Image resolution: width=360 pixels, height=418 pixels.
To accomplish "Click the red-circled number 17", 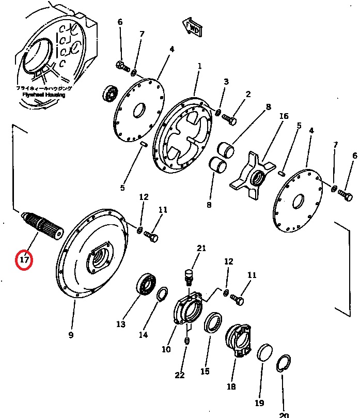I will click(24, 259).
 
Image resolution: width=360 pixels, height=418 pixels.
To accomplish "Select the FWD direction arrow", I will click(192, 28).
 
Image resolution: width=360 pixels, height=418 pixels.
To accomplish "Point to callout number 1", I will click(199, 66).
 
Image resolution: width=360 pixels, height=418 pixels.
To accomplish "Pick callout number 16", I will click(284, 116).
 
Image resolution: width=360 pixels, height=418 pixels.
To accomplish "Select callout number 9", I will click(71, 335).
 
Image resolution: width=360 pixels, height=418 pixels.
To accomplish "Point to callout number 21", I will click(201, 249).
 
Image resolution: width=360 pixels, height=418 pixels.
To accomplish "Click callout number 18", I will click(231, 386).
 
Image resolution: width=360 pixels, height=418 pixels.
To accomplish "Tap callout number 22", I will click(179, 375).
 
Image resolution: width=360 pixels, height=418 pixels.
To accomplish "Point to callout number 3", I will click(226, 82).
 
